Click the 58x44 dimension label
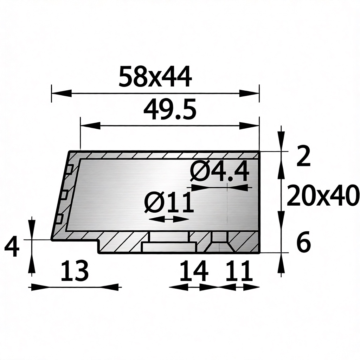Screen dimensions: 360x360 [155, 76]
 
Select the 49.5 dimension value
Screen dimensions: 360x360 [170, 109]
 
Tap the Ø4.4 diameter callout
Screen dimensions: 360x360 [220, 172]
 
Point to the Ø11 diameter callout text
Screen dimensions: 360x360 [169, 202]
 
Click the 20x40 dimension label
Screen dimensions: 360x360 [323, 196]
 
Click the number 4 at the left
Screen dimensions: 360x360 [12, 247]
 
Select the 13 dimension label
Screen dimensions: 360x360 [75, 271]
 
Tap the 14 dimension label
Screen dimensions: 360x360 [194, 271]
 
